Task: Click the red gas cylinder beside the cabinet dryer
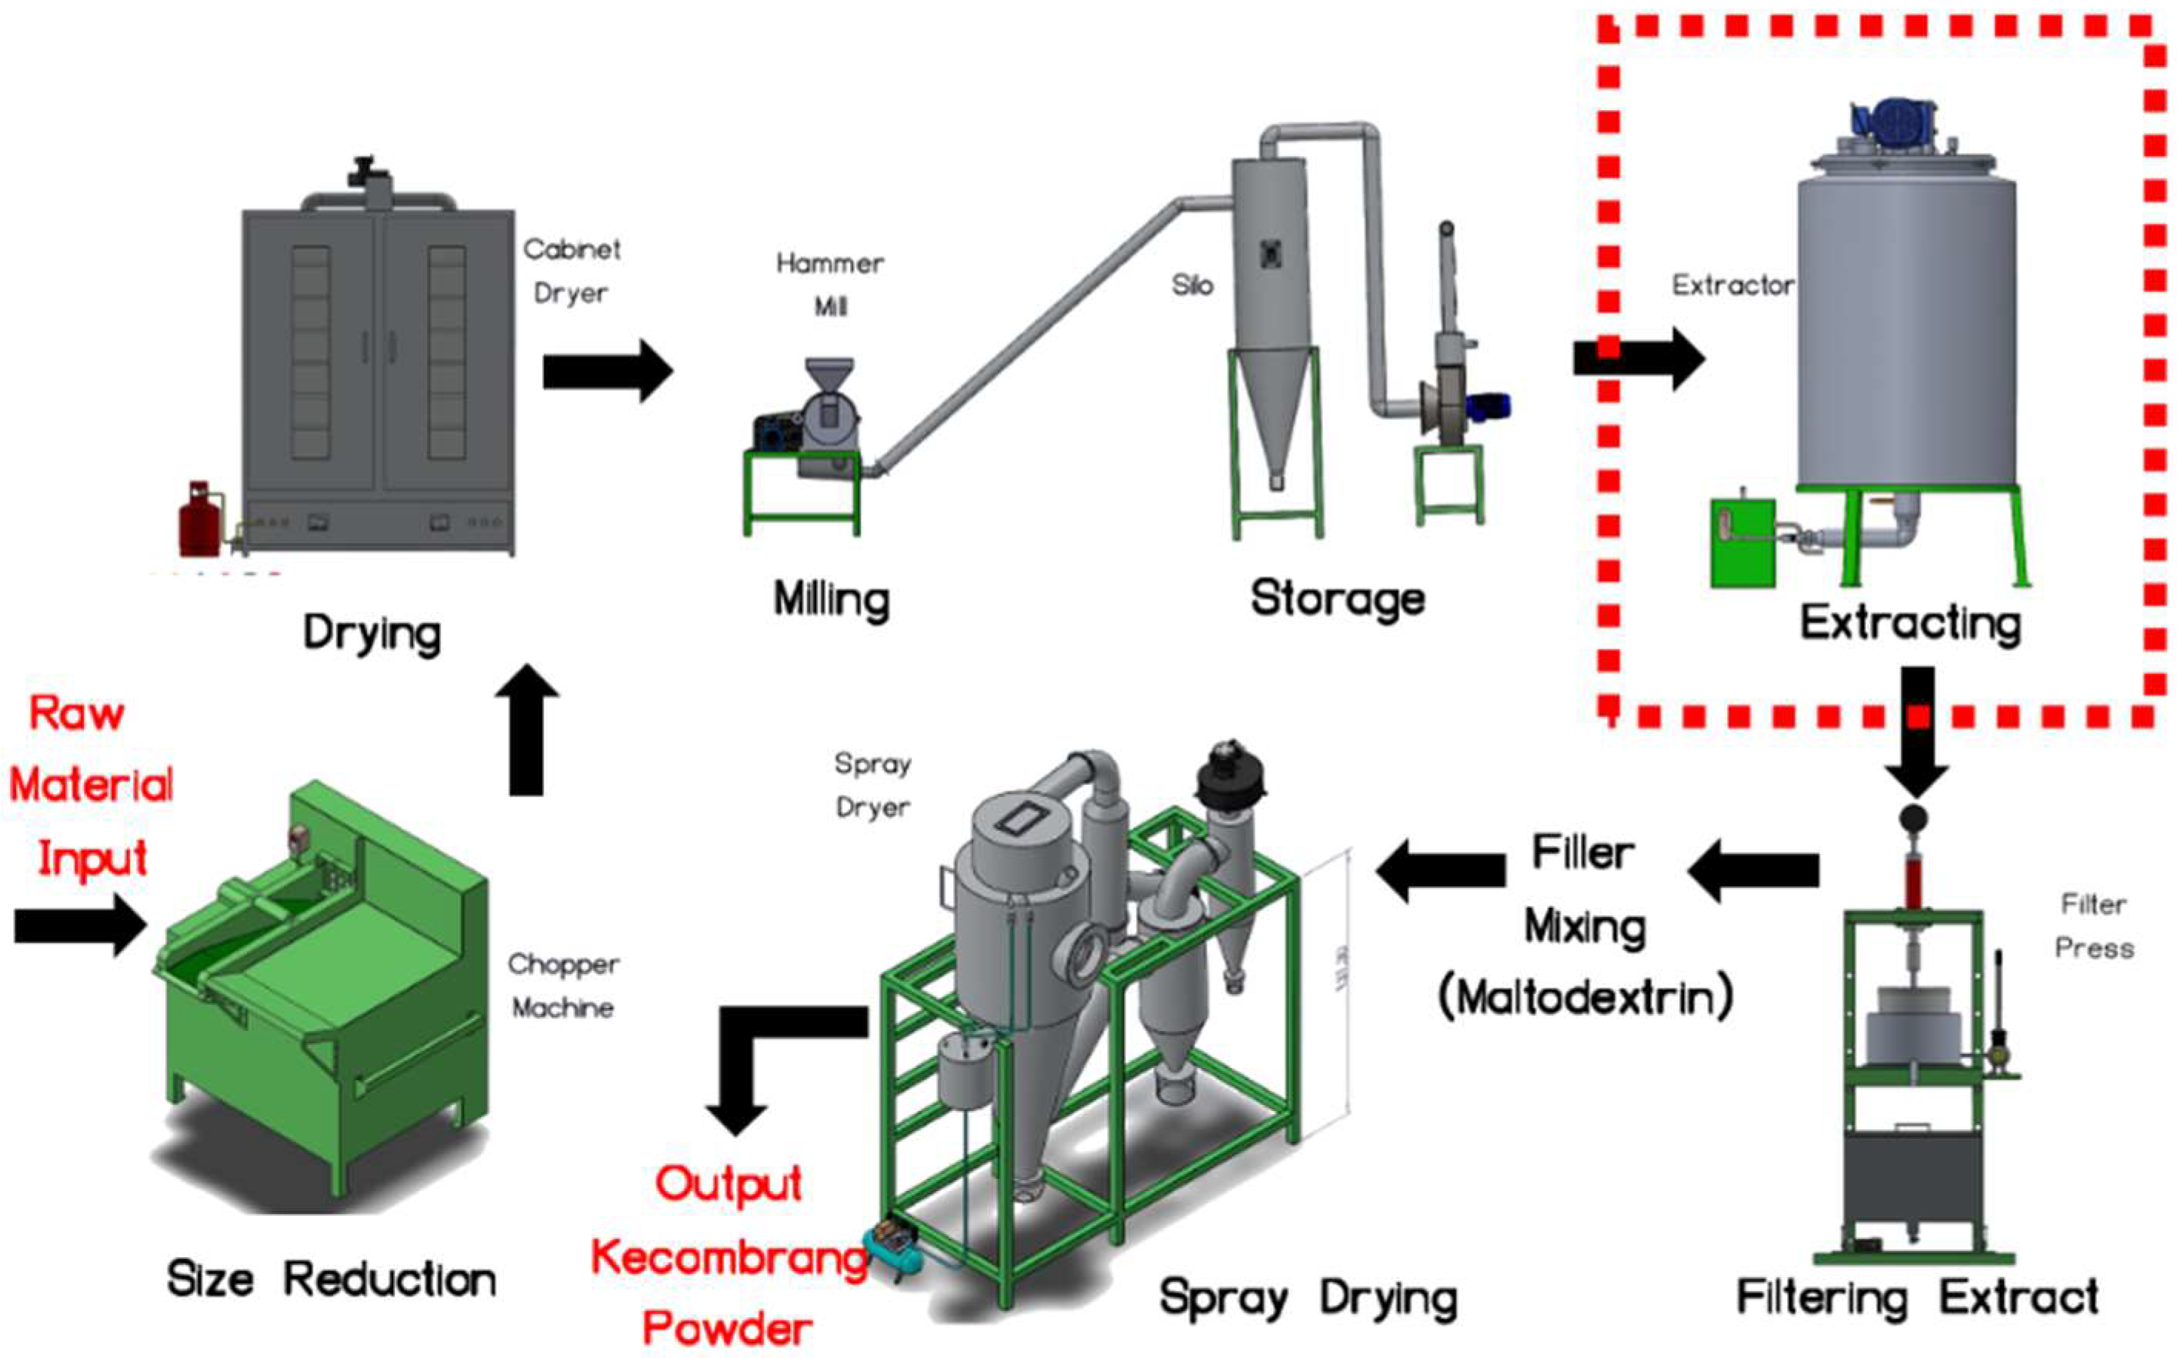pos(199,520)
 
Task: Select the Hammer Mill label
pos(829,284)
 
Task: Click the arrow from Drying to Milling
pos(607,370)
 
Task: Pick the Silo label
pos(1192,285)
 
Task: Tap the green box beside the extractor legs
pos(1742,542)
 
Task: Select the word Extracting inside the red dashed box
pos(1910,623)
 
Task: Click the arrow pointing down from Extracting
pos(1915,729)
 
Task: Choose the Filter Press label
pos(2093,926)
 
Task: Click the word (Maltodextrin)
pos(1585,998)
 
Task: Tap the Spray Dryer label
pos(872,785)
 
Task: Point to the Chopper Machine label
pos(563,986)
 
